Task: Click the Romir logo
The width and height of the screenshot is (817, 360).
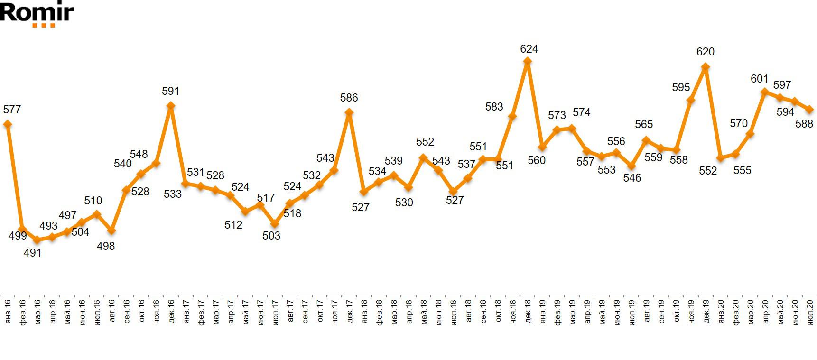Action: [x=37, y=13]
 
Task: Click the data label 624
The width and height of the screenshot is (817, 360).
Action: [x=529, y=49]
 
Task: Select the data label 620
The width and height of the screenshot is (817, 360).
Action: [x=705, y=52]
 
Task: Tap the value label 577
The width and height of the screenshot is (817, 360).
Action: [x=12, y=110]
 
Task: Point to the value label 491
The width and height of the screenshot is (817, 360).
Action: [x=33, y=253]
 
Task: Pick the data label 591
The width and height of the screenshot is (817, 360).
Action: [x=170, y=91]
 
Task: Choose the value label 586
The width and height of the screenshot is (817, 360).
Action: [x=349, y=98]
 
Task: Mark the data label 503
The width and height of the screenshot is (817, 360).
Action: [x=271, y=235]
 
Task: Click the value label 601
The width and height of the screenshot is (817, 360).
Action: [x=759, y=79]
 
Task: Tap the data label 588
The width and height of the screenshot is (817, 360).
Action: [x=804, y=124]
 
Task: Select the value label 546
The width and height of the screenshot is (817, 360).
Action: [x=632, y=178]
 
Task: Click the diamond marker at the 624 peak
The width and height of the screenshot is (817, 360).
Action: [x=527, y=61]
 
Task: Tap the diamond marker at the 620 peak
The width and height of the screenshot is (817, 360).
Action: [x=706, y=67]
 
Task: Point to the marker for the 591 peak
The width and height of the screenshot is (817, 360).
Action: [x=170, y=106]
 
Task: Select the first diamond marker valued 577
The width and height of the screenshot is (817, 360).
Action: [x=7, y=124]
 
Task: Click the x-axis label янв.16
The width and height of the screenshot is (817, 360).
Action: [x=7, y=311]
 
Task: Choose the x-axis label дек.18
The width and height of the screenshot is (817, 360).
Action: [x=527, y=311]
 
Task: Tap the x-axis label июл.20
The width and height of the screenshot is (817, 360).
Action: [x=810, y=311]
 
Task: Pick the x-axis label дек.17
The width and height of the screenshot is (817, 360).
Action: [x=349, y=311]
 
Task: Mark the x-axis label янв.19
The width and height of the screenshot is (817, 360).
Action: [x=542, y=311]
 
